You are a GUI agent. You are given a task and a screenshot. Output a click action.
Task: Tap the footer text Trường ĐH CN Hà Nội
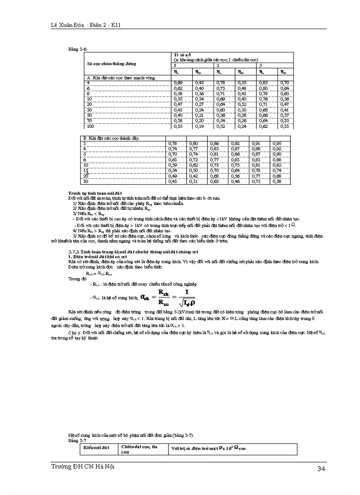click(x=82, y=467)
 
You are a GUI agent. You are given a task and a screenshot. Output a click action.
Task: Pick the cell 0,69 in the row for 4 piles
click(x=178, y=82)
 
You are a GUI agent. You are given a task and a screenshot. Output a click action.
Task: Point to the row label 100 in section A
click(x=90, y=126)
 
